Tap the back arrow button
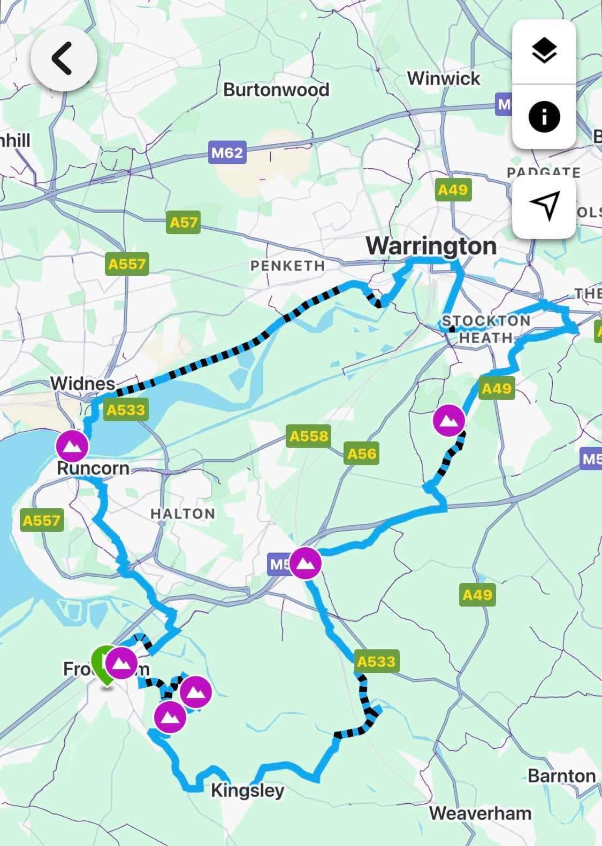coord(64,58)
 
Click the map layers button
coord(544,51)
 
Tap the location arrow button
coord(544,206)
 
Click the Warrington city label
coord(431,246)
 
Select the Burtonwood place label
coord(276,90)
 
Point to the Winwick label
coord(444,79)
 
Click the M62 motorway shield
coord(227,153)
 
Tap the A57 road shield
coord(183,222)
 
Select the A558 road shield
coord(309,436)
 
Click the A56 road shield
coord(362,454)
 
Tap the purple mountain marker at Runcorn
coord(72,445)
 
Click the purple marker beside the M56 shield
coord(305,563)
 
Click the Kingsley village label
coord(247,790)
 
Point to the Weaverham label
coord(480,813)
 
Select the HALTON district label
coord(182,514)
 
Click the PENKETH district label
coord(287,266)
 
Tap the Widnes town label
coord(82,383)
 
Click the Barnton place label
coord(561,775)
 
